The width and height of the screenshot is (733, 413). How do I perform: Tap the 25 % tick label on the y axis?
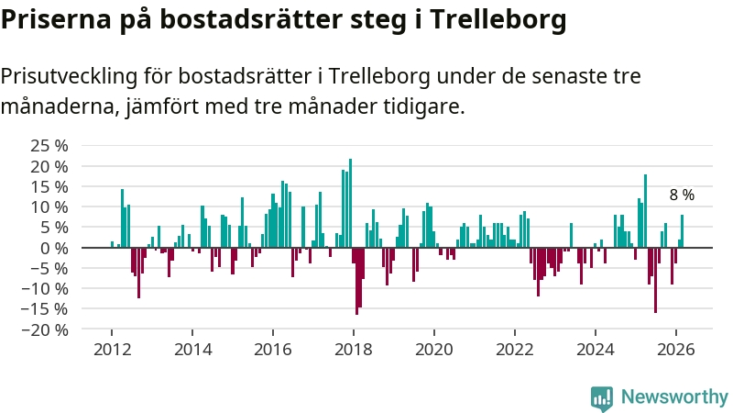[49, 146]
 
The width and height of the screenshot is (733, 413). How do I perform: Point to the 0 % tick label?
[56, 248]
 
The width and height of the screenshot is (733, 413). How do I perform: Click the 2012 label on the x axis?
[112, 350]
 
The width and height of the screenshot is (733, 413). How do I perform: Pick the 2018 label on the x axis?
[354, 350]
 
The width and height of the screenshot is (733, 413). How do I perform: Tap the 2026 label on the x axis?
[676, 350]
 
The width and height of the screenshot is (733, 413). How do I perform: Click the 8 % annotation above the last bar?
[682, 195]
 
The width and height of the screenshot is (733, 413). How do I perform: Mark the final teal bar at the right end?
[682, 231]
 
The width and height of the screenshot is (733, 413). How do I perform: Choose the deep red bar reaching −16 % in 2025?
[655, 280]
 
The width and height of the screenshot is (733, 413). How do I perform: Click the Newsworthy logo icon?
[602, 397]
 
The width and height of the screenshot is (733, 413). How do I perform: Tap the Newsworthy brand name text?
[674, 397]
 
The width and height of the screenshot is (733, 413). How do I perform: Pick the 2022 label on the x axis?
[515, 350]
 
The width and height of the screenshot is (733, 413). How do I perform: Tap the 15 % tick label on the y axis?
[49, 186]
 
